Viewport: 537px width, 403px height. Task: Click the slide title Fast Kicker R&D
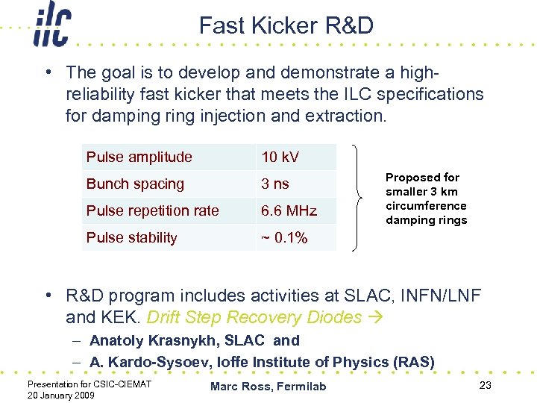click(x=286, y=26)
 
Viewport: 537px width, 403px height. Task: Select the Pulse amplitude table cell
click(x=139, y=157)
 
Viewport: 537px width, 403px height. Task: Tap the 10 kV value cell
click(x=280, y=157)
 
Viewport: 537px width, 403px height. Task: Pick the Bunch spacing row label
click(x=135, y=184)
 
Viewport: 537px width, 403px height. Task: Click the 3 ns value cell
click(x=275, y=184)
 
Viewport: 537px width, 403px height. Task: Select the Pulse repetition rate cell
click(x=152, y=210)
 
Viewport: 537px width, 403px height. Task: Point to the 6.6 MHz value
click(x=289, y=210)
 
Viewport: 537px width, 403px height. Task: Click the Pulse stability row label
click(x=132, y=237)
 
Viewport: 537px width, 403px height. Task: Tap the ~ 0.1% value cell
click(x=283, y=237)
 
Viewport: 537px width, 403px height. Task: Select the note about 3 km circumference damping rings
click(x=426, y=199)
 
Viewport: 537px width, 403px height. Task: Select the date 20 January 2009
click(x=60, y=395)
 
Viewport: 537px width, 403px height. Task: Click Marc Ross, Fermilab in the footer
click(x=268, y=386)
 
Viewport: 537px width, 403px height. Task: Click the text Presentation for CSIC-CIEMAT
click(x=89, y=384)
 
